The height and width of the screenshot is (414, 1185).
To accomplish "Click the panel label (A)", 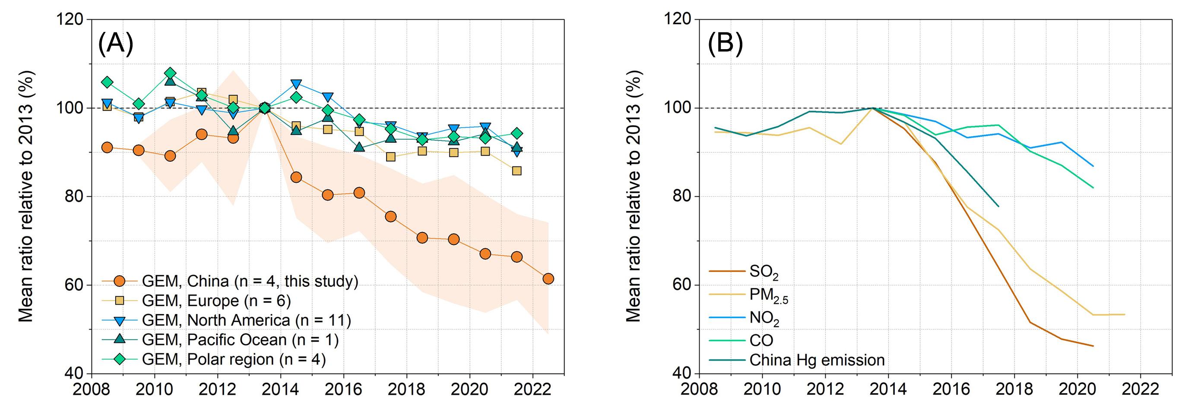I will [115, 44].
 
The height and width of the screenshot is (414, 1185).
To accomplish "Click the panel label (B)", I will [725, 44].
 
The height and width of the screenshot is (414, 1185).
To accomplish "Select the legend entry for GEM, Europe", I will [216, 301].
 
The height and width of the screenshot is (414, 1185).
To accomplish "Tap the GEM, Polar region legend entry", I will [234, 359].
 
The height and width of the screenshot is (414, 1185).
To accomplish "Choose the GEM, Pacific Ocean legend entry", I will [240, 339].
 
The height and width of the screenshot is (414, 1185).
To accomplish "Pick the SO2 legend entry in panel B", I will [764, 272].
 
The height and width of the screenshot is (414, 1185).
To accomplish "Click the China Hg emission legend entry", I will [817, 360].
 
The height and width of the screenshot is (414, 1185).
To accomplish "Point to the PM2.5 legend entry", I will [769, 295].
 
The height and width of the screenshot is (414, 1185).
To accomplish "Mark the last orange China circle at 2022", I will [548, 279].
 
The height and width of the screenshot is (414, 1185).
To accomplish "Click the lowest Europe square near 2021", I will [516, 171].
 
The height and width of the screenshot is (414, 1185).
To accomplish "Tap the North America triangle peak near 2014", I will [296, 84].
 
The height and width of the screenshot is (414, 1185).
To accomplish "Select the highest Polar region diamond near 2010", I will [170, 73].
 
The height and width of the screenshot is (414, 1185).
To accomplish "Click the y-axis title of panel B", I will [633, 196].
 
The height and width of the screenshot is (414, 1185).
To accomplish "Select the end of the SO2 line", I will [1093, 346].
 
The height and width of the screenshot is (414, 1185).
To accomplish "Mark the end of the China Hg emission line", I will [999, 206].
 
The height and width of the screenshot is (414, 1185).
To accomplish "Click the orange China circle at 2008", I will [107, 147].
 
